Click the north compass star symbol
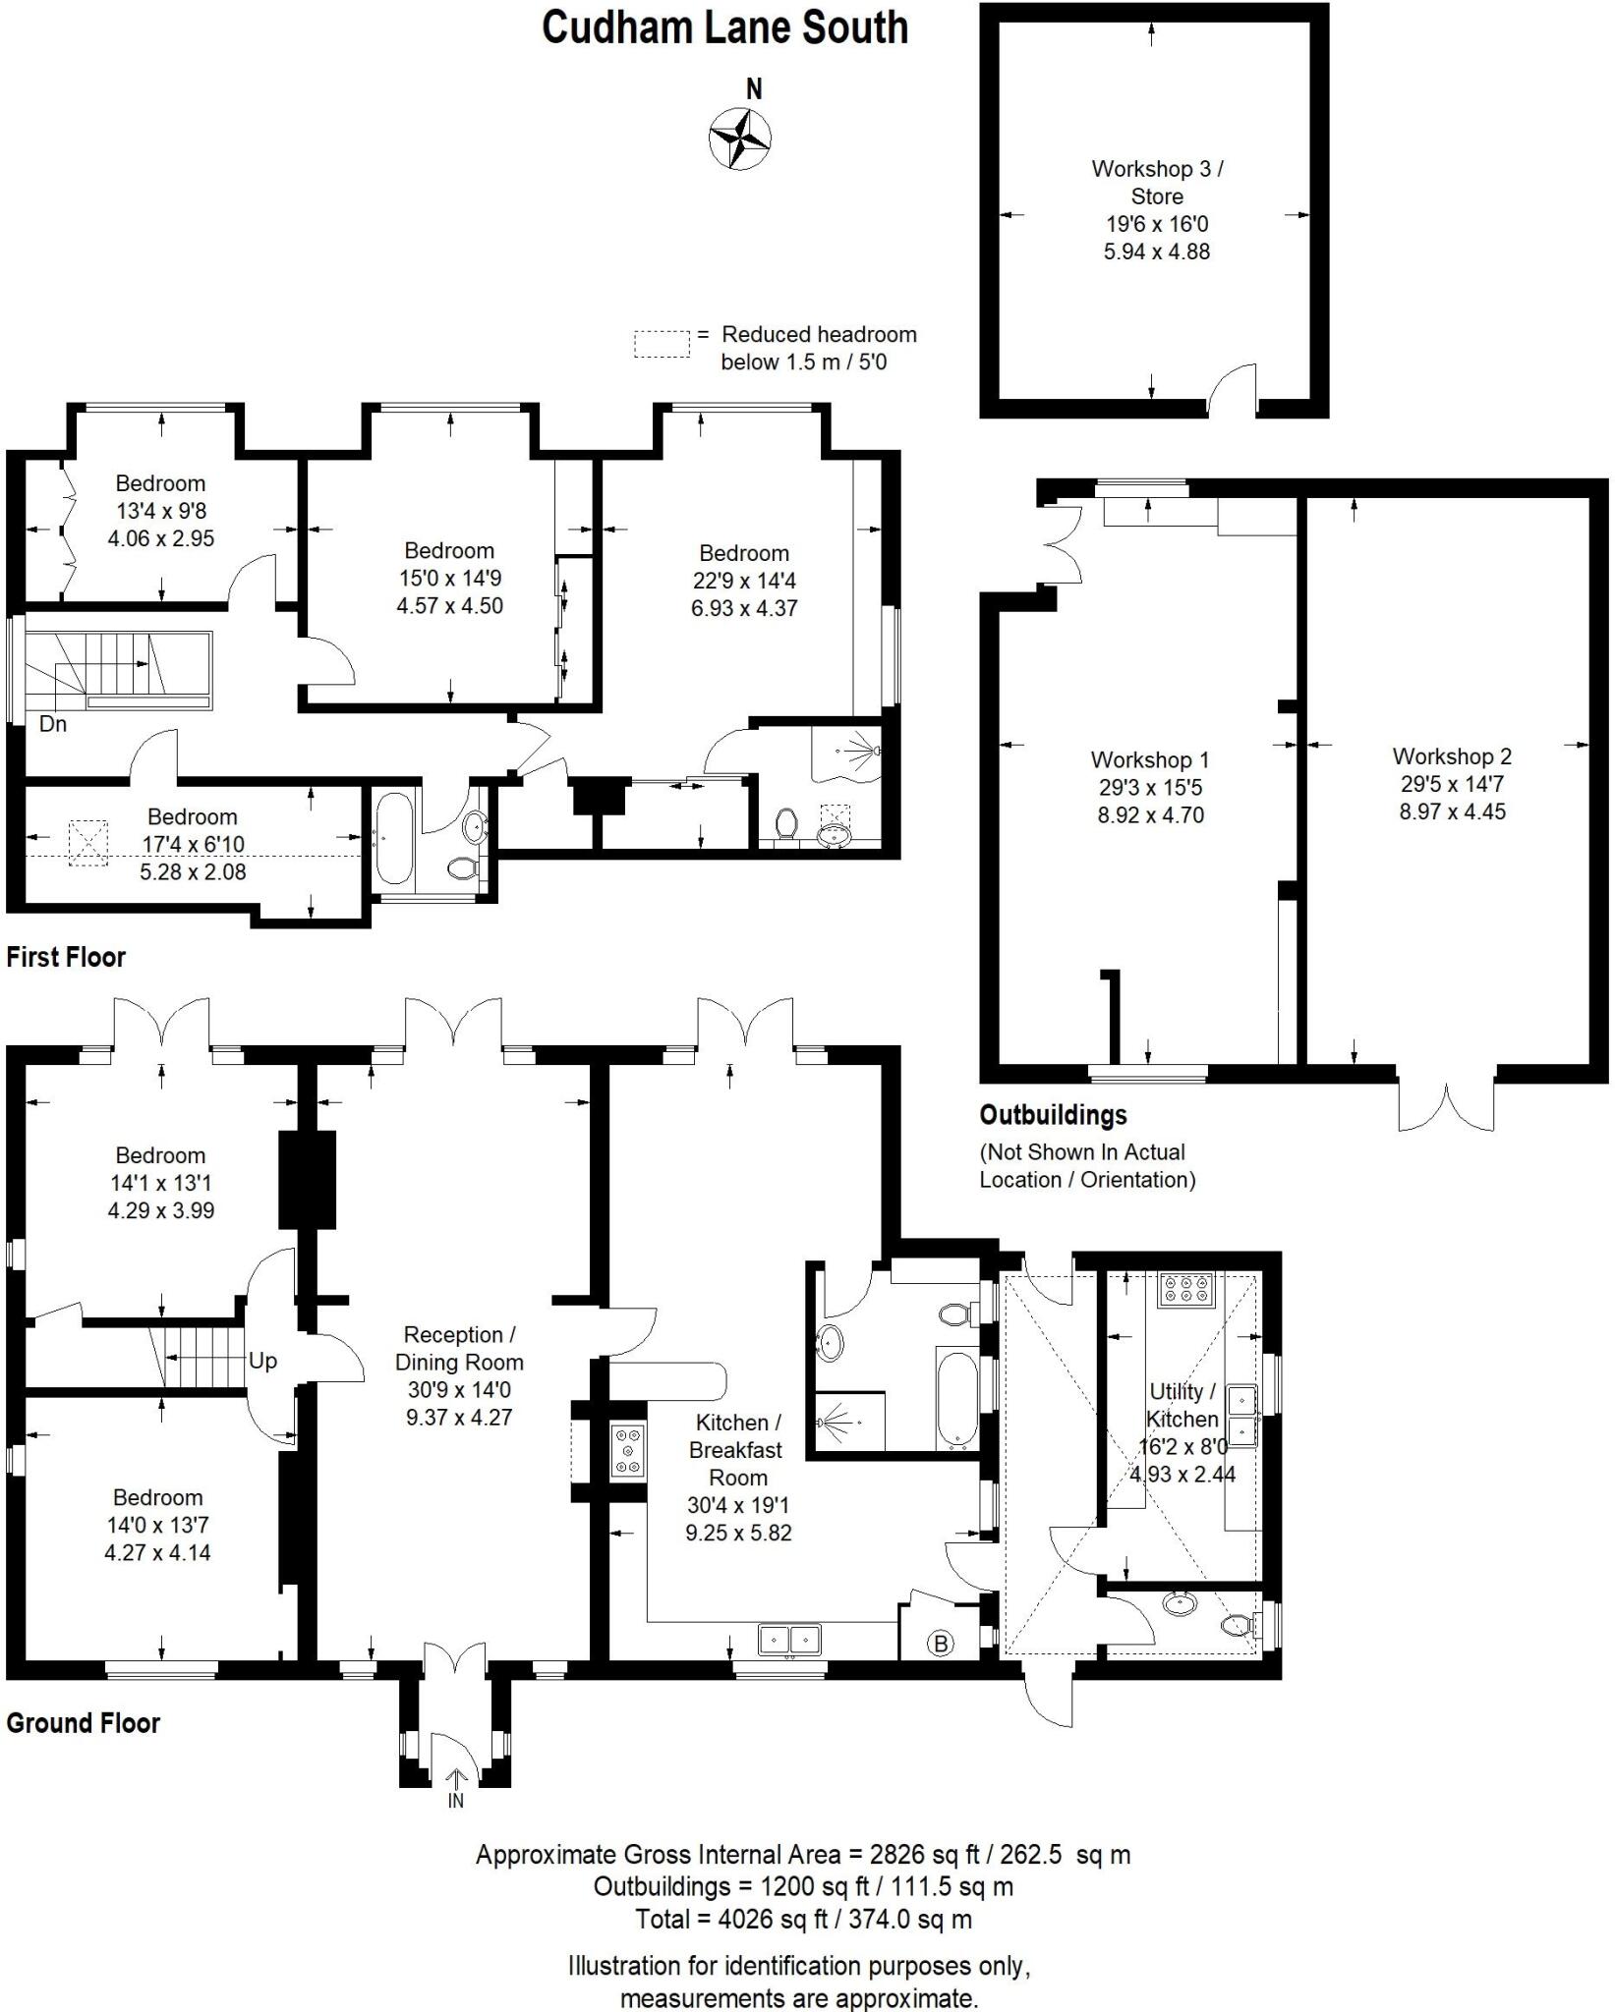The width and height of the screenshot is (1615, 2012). pyautogui.click(x=739, y=138)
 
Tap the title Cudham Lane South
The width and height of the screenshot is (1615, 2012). pyautogui.click(x=724, y=28)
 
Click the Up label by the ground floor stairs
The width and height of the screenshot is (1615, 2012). pyautogui.click(x=262, y=1361)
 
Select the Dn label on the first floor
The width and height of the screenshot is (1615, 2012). pyautogui.click(x=53, y=724)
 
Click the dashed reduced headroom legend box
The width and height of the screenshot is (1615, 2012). pyautogui.click(x=661, y=344)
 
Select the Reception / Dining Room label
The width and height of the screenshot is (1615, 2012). pyautogui.click(x=459, y=1348)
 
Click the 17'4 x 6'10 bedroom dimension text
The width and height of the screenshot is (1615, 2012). pyautogui.click(x=193, y=844)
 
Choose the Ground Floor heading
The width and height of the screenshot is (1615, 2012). pyautogui.click(x=84, y=1722)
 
